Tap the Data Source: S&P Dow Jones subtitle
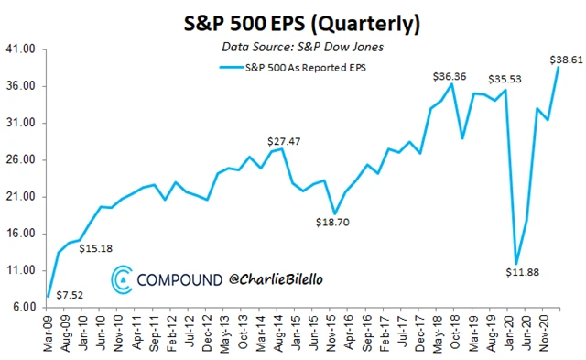304,47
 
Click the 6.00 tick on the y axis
24,307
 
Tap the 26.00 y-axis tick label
21,160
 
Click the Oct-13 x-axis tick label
244,333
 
